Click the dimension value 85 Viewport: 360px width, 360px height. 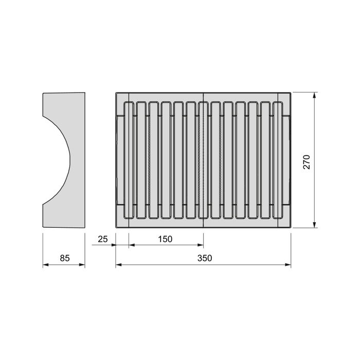64,258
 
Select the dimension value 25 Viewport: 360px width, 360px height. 102,239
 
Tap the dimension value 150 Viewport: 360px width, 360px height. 165,239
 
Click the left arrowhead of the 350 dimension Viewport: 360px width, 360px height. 118,265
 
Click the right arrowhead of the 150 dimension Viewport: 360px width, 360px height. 201,245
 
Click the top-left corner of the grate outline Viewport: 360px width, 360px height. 116,93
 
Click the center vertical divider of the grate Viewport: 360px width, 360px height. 204,159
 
